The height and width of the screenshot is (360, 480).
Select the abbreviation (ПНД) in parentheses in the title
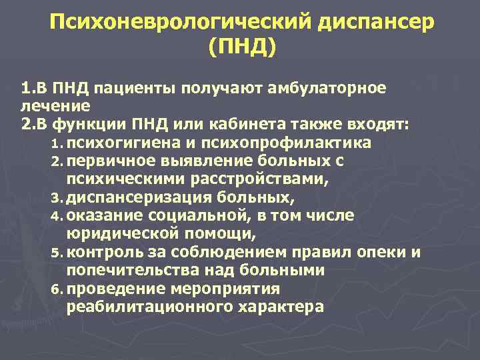241,48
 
